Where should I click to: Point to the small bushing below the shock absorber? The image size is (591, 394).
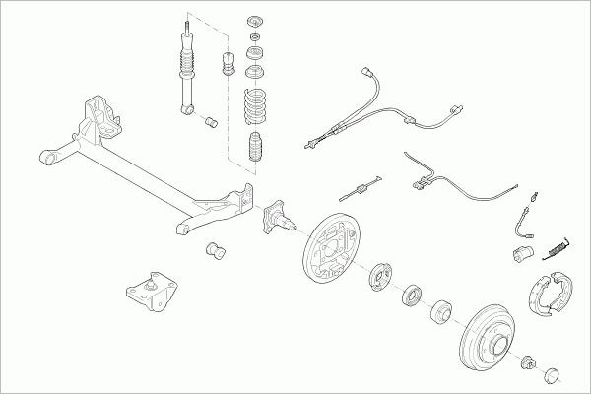coord(210,122)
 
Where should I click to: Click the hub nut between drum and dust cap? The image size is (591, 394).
coord(528,361)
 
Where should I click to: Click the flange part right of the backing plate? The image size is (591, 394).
coord(379,275)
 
